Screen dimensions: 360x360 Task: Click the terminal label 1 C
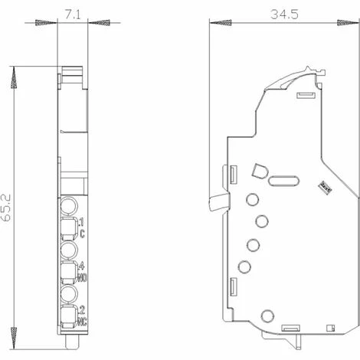[80, 225]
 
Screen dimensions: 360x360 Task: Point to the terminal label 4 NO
[81, 270]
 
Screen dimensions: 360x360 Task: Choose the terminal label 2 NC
[81, 314]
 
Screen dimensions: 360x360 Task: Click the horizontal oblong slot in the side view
[283, 182]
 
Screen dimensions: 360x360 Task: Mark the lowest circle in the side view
[266, 315]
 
